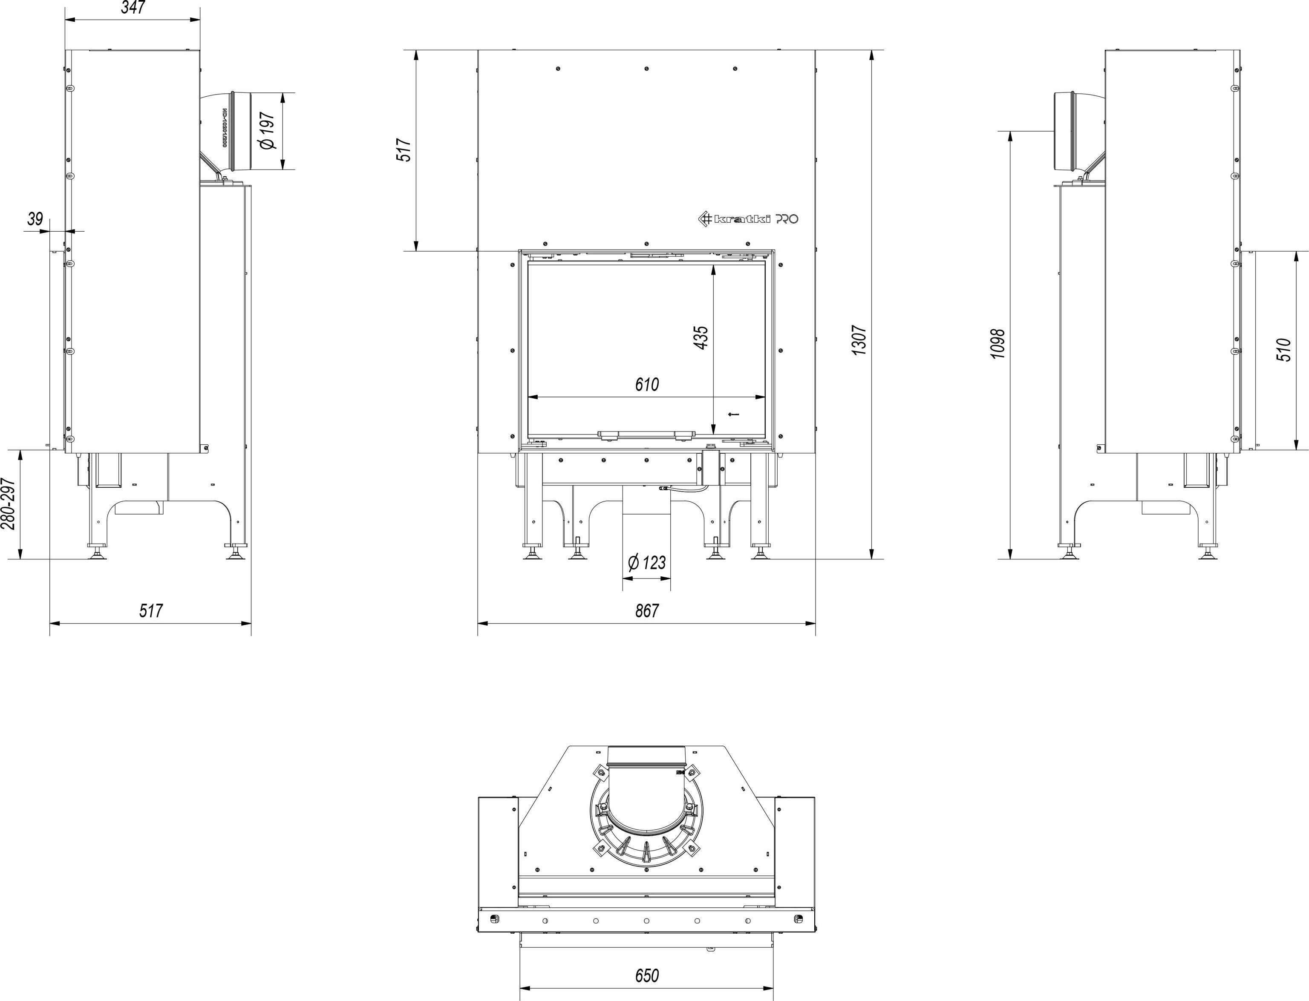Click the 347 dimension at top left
point(133,7)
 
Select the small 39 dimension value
point(35,219)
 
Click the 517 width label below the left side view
point(150,611)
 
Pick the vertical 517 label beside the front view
point(404,150)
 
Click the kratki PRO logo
point(748,219)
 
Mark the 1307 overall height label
point(859,340)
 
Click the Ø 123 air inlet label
point(647,562)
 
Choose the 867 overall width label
point(647,611)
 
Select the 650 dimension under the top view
point(647,975)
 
